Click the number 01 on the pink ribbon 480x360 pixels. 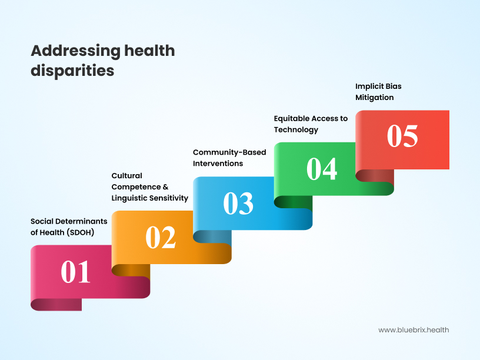(76, 272)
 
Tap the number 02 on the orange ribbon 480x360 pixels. (161, 238)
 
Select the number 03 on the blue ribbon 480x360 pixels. (238, 203)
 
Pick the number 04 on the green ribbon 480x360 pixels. (322, 169)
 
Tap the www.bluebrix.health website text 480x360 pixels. (414, 330)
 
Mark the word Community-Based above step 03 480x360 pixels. (229, 152)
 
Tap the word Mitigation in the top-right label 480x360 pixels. (375, 97)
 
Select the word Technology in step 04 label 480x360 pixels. (296, 129)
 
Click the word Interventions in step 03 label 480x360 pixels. (218, 164)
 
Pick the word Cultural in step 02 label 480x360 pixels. (127, 175)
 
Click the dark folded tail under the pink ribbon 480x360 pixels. (56, 304)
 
